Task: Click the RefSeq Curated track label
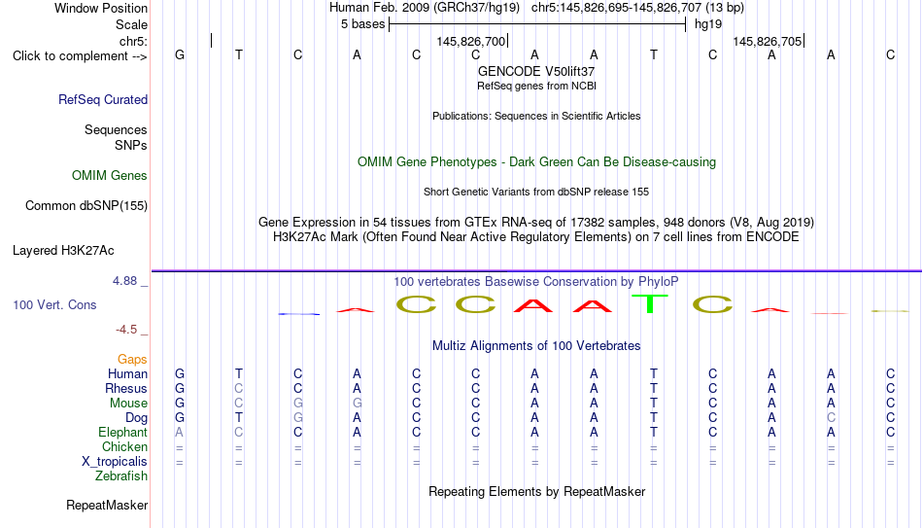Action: pos(103,99)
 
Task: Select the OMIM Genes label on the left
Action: pos(110,176)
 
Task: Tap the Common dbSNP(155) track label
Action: pos(86,206)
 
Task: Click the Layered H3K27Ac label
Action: pos(63,251)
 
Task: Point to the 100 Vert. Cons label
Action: pos(54,304)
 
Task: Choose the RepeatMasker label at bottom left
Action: pos(107,505)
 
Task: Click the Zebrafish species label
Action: pos(121,475)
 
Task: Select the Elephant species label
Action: pos(123,432)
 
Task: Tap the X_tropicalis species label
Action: pos(115,462)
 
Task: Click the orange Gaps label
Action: pos(132,360)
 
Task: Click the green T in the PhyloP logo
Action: pos(650,303)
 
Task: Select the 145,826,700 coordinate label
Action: pos(471,41)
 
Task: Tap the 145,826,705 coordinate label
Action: pos(767,41)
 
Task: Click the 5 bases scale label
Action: pos(362,24)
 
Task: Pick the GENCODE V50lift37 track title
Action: pos(536,71)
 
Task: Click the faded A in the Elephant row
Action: pos(180,432)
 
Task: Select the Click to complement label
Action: pos(80,56)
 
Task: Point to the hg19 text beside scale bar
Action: pos(708,24)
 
